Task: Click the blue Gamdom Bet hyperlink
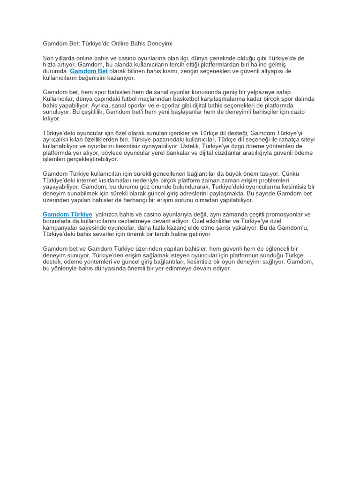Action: click(x=89, y=71)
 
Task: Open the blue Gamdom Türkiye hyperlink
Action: click(x=67, y=215)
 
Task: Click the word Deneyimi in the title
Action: click(x=159, y=44)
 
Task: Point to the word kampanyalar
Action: click(x=60, y=227)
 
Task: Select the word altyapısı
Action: click(x=269, y=71)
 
